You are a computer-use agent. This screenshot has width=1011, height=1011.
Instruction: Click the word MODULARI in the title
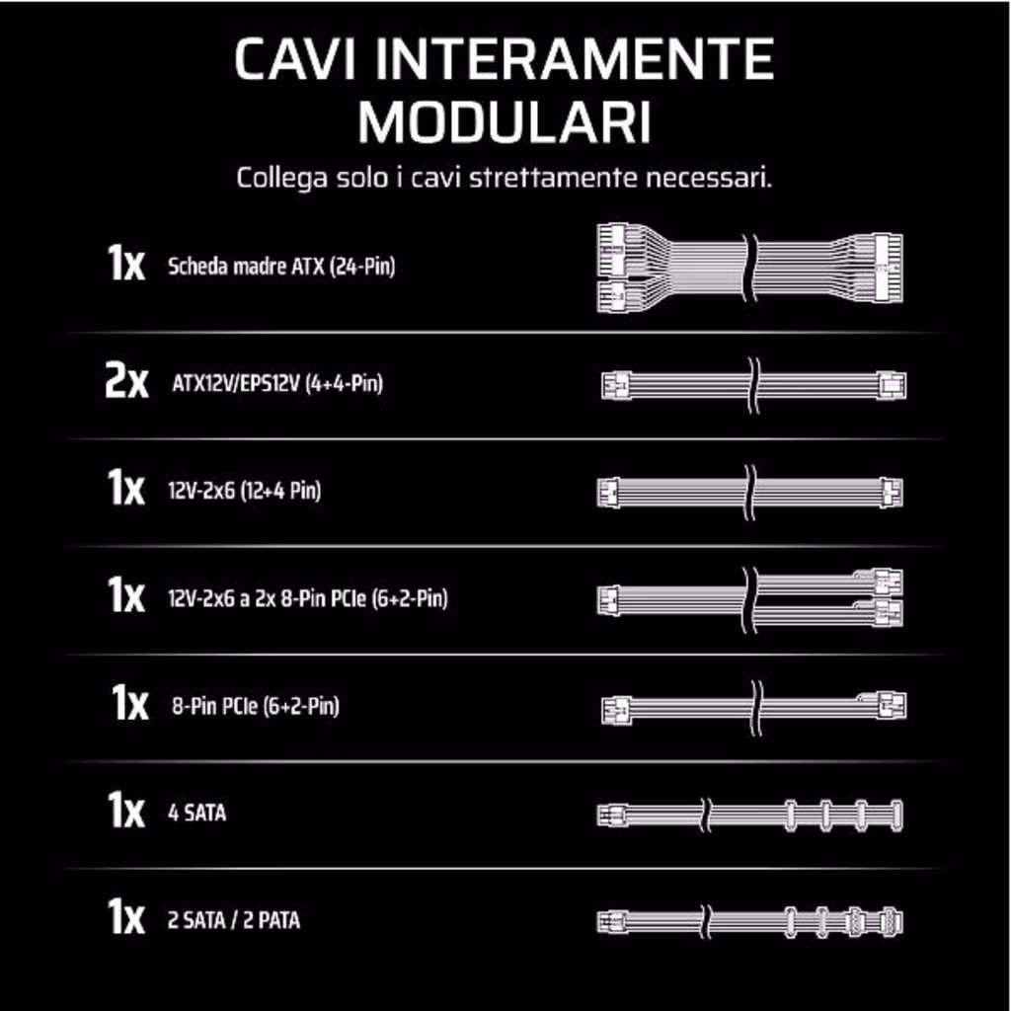click(505, 121)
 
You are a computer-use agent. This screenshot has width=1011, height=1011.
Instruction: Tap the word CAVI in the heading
click(295, 58)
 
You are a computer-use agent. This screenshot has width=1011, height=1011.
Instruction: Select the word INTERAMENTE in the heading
click(574, 58)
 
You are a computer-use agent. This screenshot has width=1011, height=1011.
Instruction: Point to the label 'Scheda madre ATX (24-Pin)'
click(281, 267)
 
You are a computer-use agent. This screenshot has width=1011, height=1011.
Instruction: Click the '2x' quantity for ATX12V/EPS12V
click(126, 382)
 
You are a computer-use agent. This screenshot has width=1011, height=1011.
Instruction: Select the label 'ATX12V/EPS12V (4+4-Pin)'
click(277, 384)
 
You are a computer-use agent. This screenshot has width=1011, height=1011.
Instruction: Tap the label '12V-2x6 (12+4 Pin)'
click(245, 491)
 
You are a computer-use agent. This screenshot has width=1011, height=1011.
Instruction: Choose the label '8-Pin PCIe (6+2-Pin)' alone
click(256, 706)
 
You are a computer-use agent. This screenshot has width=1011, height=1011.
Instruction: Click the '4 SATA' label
click(196, 814)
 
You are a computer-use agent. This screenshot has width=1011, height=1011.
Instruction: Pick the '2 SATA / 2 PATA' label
click(233, 920)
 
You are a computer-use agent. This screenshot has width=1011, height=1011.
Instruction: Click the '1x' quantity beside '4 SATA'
click(125, 810)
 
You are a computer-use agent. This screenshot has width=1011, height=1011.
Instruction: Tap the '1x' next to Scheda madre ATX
click(125, 263)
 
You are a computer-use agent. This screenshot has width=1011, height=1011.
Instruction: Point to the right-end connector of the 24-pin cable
click(888, 268)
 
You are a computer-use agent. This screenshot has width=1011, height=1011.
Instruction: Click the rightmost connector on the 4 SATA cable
click(896, 816)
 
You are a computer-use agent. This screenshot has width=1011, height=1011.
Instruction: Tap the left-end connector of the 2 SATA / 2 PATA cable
click(612, 922)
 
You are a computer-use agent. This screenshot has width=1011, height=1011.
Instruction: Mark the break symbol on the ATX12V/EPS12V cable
click(753, 386)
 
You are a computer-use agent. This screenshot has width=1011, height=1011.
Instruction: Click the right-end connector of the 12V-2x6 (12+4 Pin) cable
click(893, 494)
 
